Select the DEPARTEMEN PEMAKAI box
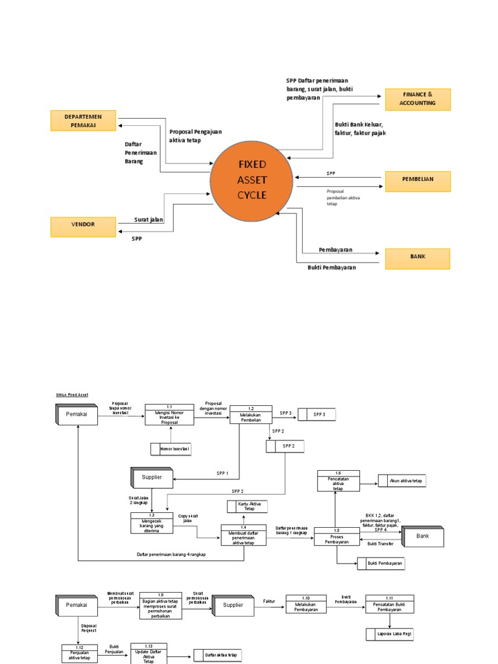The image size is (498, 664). (x=84, y=121)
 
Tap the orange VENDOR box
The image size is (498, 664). (x=84, y=224)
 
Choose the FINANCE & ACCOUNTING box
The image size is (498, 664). (x=417, y=99)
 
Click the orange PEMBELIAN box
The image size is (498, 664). (x=417, y=180)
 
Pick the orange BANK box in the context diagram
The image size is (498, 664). (x=417, y=257)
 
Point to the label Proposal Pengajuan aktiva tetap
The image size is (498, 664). (x=195, y=136)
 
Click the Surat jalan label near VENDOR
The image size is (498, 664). (x=148, y=220)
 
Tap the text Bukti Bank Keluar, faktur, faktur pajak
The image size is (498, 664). (x=360, y=128)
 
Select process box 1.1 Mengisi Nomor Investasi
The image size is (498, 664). (x=169, y=414)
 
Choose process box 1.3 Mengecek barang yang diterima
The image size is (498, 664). (x=151, y=523)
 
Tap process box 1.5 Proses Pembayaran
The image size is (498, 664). (x=337, y=536)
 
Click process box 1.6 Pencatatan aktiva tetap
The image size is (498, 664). (x=338, y=480)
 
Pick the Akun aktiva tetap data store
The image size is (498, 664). (x=406, y=481)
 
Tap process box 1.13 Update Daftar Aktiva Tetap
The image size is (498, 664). (x=148, y=654)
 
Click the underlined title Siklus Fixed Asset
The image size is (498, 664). (x=71, y=394)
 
